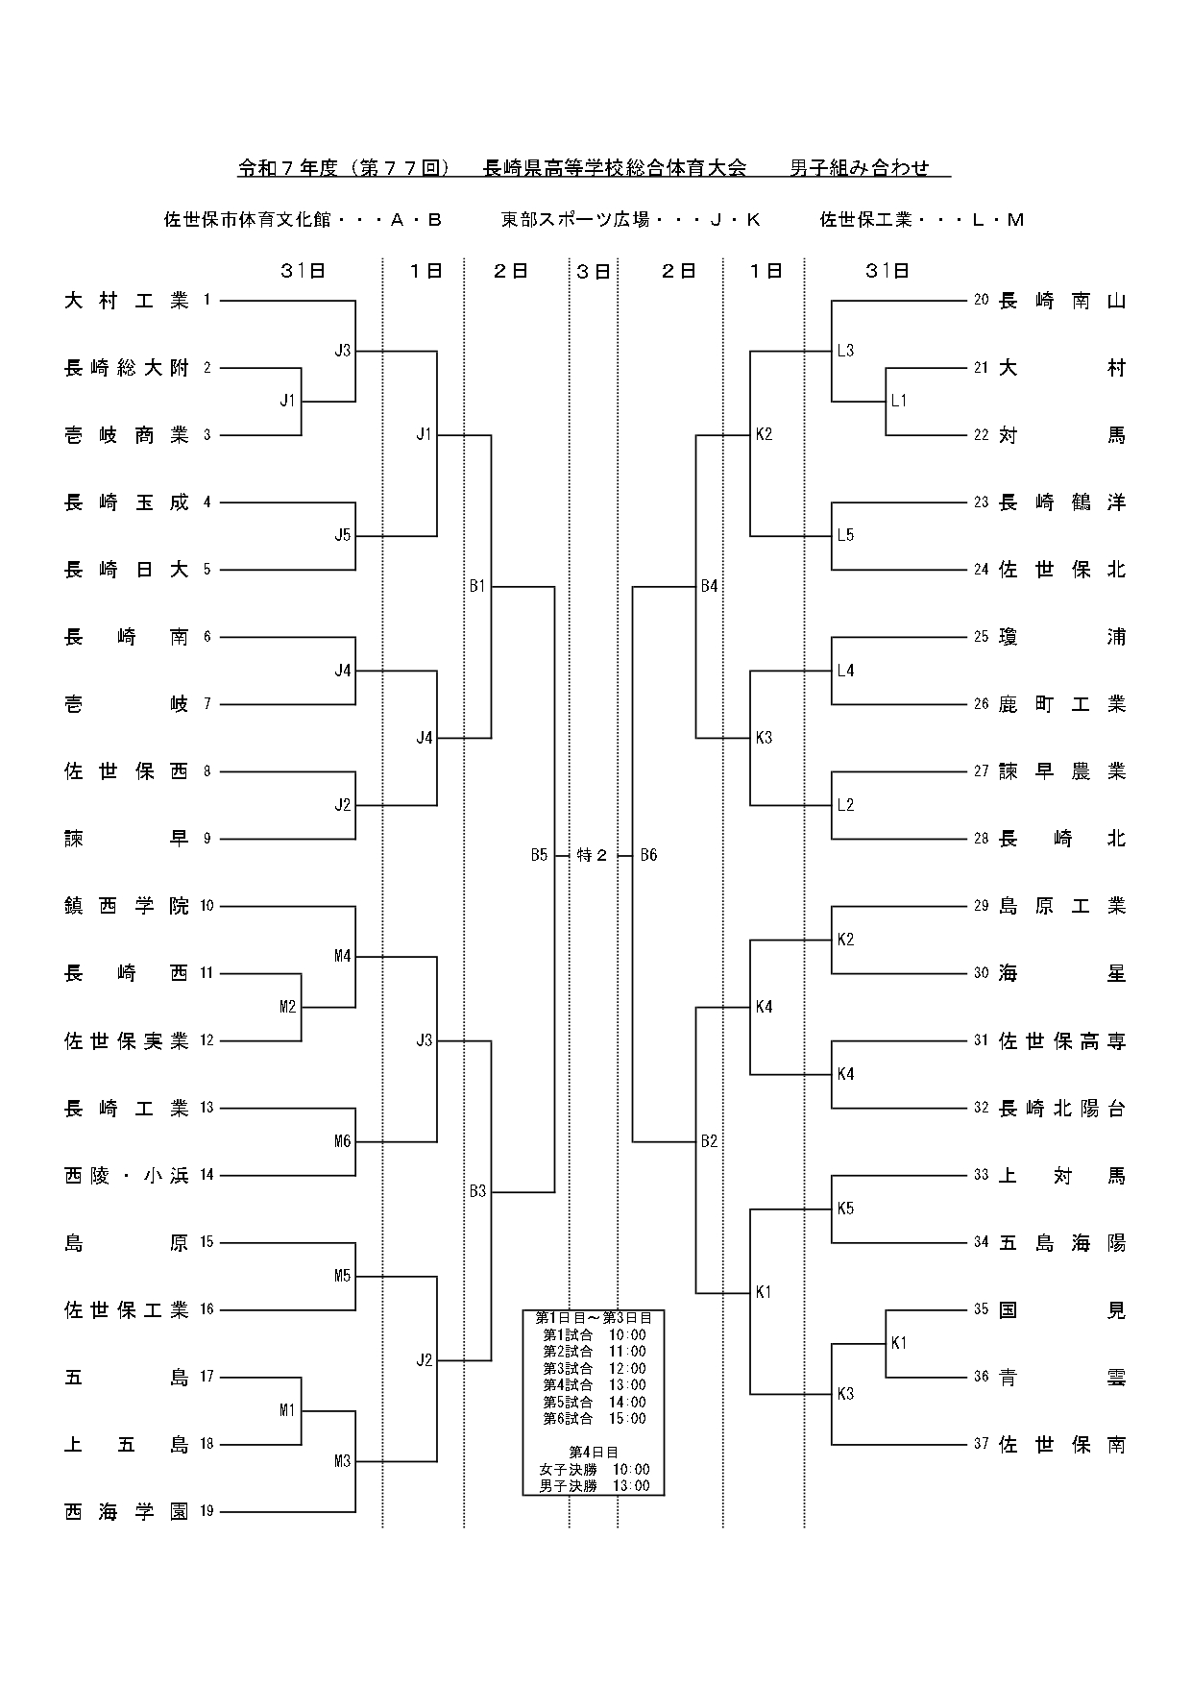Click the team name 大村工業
pos(127,301)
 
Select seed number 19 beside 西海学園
pos(207,1511)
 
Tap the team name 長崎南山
pos(1062,301)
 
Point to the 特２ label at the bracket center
pos(593,855)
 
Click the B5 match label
pos(539,855)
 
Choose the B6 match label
pos(648,855)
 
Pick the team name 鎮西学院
pos(127,906)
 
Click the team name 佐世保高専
pos(1062,1040)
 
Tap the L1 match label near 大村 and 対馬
pos(898,401)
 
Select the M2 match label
pos(288,1007)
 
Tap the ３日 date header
pos(594,272)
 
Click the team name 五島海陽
pos(1062,1243)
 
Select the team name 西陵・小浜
pos(127,1176)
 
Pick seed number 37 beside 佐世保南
pos(981,1444)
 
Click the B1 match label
pos(477,586)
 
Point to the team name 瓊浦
pos(1062,637)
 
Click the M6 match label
pos(343,1141)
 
